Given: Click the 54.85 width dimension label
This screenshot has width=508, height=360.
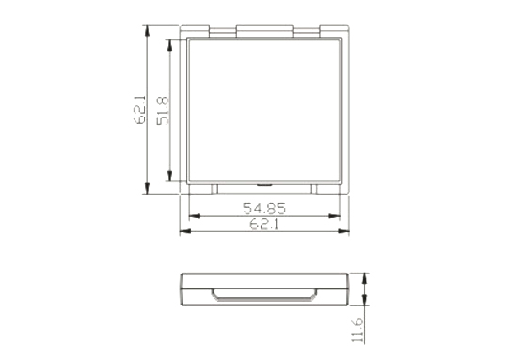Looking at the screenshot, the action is pos(264,209).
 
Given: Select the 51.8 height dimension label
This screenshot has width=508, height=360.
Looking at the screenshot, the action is pos(163,110).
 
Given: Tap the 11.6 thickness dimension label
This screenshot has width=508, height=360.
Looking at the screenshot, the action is pos(357,330).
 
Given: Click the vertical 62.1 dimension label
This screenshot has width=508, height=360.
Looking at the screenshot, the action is pos(139,110).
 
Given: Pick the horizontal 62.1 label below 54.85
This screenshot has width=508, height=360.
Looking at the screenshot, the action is pos(264,224).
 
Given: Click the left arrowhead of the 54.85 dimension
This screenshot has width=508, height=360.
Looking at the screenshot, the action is pos(195,216).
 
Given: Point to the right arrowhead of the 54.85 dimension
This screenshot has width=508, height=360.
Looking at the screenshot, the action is pos(334,216).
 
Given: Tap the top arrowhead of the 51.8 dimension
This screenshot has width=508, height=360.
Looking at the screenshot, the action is pos(169,45).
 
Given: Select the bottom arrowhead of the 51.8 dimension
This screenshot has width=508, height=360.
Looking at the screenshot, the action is pos(169,176).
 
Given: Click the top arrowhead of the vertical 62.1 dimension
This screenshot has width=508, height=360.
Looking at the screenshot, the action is pos(147,31).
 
